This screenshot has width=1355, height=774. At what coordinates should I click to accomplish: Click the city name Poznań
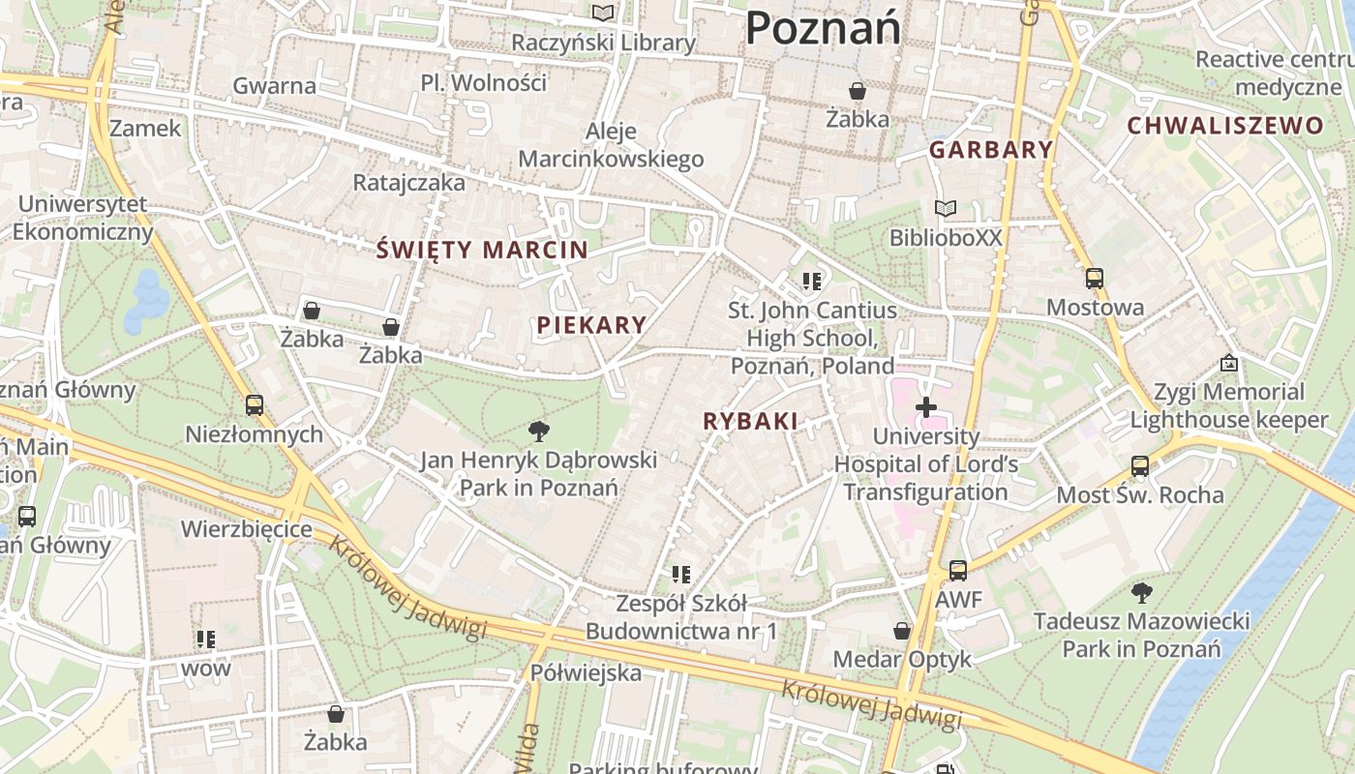pyautogui.click(x=823, y=27)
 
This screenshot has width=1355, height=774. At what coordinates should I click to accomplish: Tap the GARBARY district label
pyautogui.click(x=990, y=150)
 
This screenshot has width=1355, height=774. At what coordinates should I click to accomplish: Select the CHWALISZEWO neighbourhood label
pyautogui.click(x=1224, y=126)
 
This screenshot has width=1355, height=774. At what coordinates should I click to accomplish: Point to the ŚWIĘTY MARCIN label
pyautogui.click(x=482, y=250)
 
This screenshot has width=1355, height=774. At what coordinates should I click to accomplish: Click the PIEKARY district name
pyautogui.click(x=590, y=325)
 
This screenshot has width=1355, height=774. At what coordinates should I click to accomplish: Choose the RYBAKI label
pyautogui.click(x=750, y=421)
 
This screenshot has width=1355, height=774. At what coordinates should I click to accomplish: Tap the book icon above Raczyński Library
pyautogui.click(x=603, y=14)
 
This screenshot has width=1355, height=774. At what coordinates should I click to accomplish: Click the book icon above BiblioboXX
pyautogui.click(x=945, y=208)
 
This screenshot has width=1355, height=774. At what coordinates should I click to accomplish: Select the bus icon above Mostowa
pyautogui.click(x=1094, y=279)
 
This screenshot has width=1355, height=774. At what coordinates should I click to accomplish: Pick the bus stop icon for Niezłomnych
pyautogui.click(x=255, y=404)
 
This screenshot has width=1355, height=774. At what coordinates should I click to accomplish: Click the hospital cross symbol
pyautogui.click(x=926, y=407)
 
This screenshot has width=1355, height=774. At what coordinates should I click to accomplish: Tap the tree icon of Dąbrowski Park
pyautogui.click(x=538, y=431)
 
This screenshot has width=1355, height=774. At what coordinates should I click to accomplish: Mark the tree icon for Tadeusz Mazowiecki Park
pyautogui.click(x=1141, y=592)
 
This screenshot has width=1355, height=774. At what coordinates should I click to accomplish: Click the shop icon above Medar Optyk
pyautogui.click(x=902, y=631)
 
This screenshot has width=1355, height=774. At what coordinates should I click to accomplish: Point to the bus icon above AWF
pyautogui.click(x=958, y=571)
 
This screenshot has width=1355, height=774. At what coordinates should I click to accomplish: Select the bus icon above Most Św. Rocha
pyautogui.click(x=1140, y=466)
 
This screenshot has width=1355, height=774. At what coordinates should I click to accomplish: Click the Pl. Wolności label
pyautogui.click(x=484, y=82)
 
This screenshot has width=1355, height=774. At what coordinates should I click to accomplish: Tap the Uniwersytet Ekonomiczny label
pyautogui.click(x=82, y=218)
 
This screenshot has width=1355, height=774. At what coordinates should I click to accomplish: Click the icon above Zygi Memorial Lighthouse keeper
pyautogui.click(x=1229, y=363)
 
